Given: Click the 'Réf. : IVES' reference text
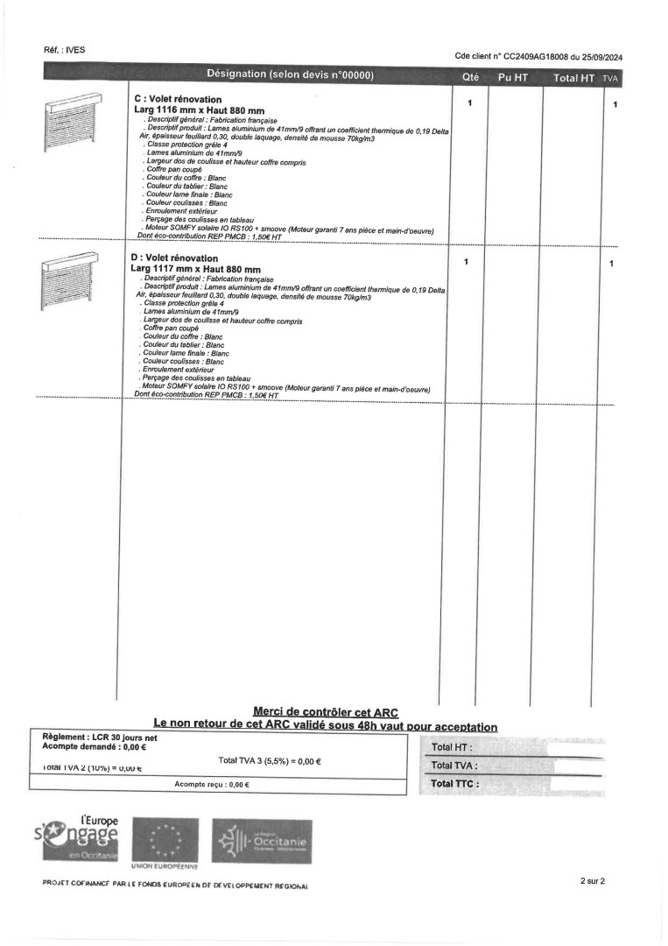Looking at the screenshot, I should pyautogui.click(x=64, y=50).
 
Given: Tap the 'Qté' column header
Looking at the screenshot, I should pyautogui.click(x=470, y=77).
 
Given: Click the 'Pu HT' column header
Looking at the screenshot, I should pyautogui.click(x=513, y=78).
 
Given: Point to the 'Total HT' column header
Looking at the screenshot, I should pyautogui.click(x=573, y=78).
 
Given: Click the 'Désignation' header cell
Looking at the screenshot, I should pyautogui.click(x=291, y=74).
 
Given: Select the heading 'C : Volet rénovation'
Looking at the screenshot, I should pyautogui.click(x=178, y=100).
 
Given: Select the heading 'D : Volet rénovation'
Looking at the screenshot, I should pyautogui.click(x=174, y=258).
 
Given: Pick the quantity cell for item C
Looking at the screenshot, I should pyautogui.click(x=469, y=103).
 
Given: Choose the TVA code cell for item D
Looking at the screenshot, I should pyautogui.click(x=611, y=263).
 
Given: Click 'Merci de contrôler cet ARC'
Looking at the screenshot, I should pyautogui.click(x=325, y=713).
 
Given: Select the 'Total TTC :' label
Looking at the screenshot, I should pyautogui.click(x=454, y=783).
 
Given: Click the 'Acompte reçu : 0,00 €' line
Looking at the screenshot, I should pyautogui.click(x=212, y=785).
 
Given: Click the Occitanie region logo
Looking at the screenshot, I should pyautogui.click(x=261, y=842).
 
